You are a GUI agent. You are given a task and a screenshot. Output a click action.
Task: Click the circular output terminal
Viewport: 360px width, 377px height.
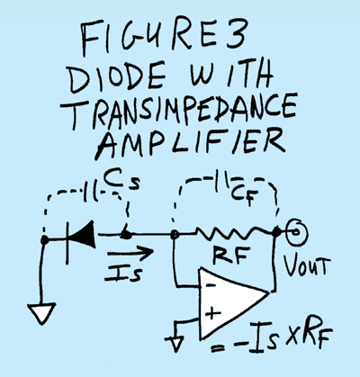(296, 237)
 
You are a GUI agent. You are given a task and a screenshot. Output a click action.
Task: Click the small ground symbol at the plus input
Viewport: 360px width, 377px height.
(176, 341)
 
